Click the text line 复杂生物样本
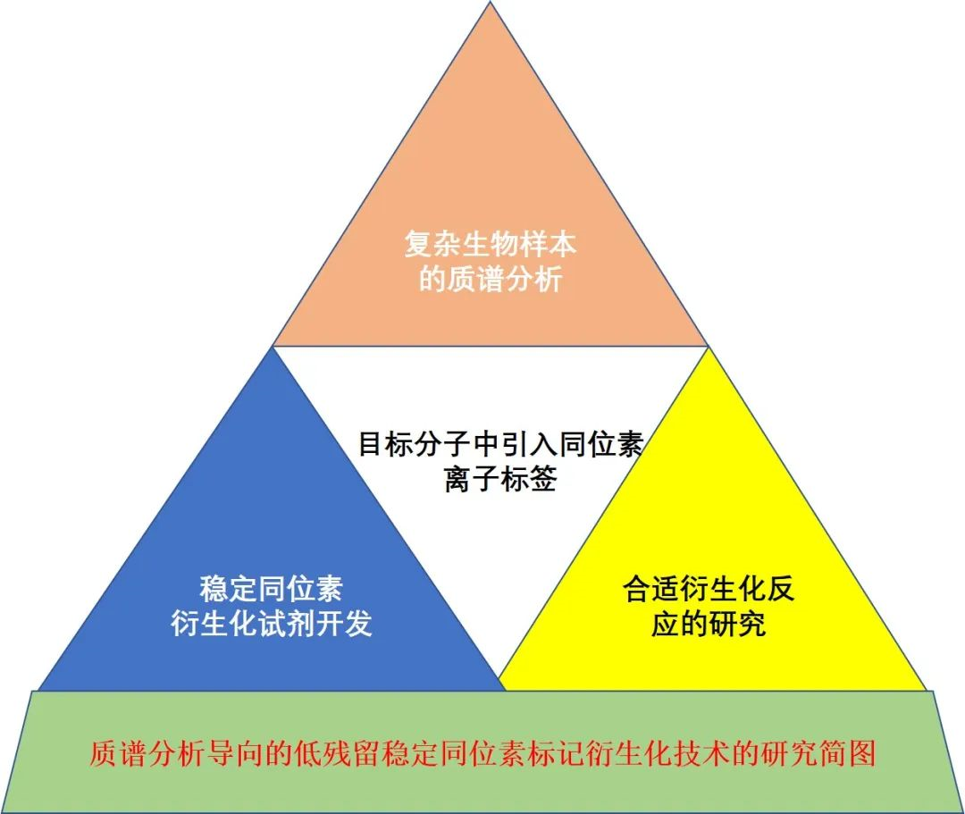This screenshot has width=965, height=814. point(491,244)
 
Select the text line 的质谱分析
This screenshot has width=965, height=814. point(491,280)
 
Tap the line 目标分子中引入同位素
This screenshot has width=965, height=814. point(500,444)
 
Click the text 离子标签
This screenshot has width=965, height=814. point(500,480)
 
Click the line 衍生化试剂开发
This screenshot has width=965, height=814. point(271,624)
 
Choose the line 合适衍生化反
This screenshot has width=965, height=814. point(709,589)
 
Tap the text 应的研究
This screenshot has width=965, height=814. point(709,624)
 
